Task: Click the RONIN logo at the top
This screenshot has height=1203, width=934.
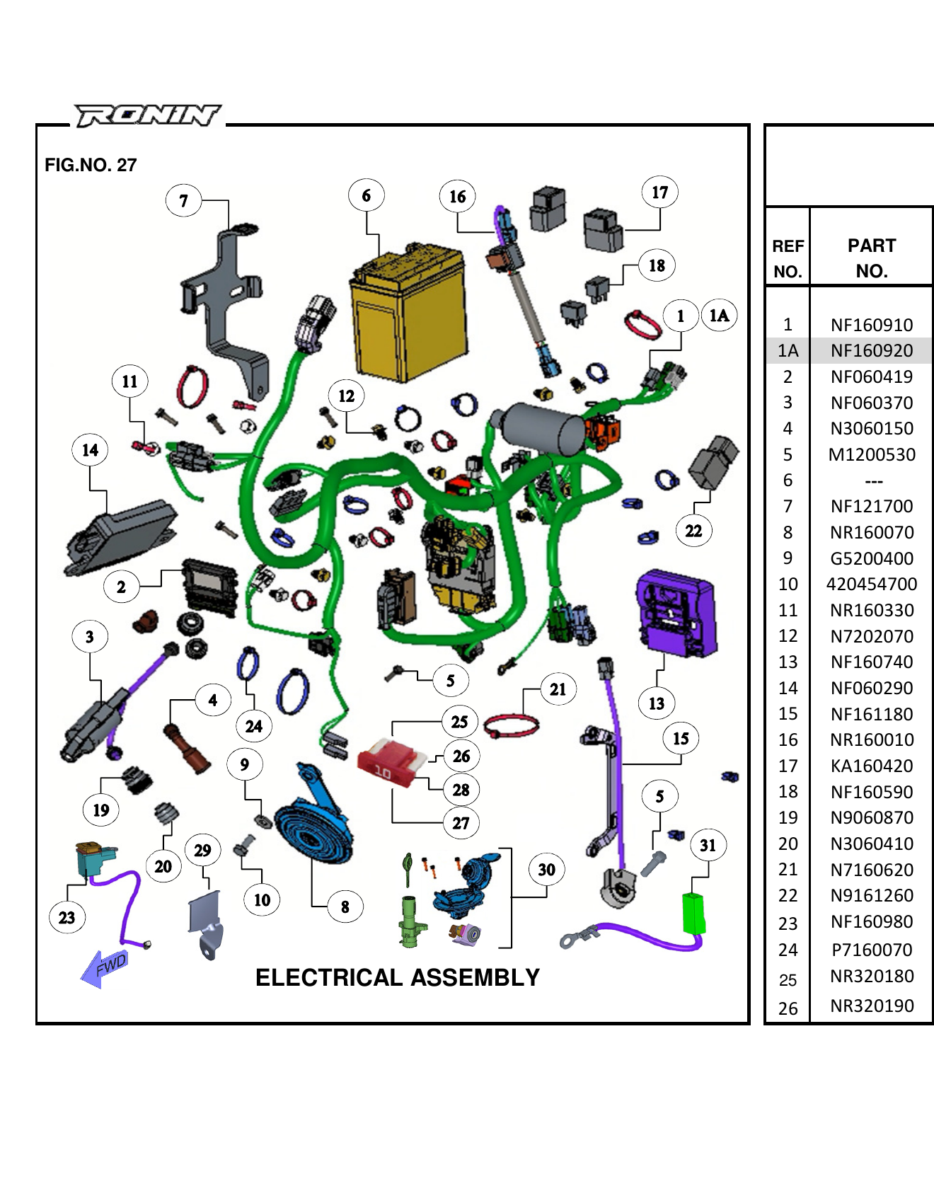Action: tap(148, 115)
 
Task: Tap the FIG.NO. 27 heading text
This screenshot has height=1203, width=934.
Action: tap(91, 165)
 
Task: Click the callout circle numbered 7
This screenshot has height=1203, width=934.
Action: tap(183, 201)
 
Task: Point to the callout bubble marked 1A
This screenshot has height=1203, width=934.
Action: tap(719, 316)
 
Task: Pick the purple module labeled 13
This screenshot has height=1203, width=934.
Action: tap(676, 612)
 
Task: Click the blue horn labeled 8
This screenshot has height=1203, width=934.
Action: tap(312, 828)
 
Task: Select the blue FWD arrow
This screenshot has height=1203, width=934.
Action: tap(105, 968)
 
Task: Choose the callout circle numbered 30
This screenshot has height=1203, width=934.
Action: tap(546, 870)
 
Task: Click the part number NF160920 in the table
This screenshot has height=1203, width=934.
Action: tap(872, 350)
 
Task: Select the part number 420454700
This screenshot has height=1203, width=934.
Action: tap(872, 584)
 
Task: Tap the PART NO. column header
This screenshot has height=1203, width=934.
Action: tap(872, 258)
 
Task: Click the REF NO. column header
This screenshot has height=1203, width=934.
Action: tap(788, 258)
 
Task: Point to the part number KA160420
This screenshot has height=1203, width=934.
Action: tap(872, 766)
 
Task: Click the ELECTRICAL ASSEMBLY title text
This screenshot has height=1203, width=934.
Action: tap(397, 977)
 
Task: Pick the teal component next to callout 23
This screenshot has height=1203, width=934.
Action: tap(94, 860)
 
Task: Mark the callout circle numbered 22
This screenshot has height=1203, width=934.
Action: tap(693, 531)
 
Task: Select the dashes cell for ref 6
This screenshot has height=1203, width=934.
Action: tap(873, 480)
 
